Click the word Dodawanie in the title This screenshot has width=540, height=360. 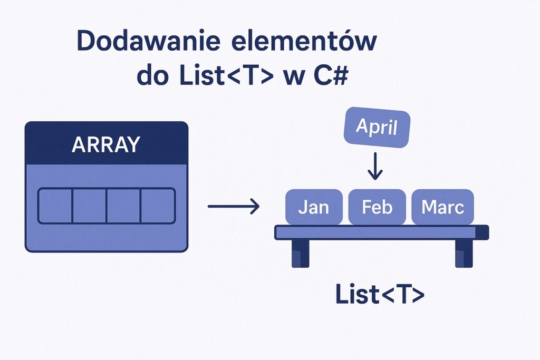pyautogui.click(x=148, y=41)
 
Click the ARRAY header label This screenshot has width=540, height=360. pyautogui.click(x=105, y=144)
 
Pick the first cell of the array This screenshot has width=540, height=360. pyautogui.click(x=55, y=206)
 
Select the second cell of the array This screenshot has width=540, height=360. pyautogui.click(x=90, y=206)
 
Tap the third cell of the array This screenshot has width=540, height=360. pyautogui.click(x=124, y=206)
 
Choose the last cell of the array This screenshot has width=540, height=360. pyautogui.click(x=158, y=206)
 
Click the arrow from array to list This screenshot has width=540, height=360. pyautogui.click(x=234, y=206)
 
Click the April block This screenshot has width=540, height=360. pyautogui.click(x=377, y=127)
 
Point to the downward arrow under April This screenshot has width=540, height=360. pyautogui.click(x=375, y=166)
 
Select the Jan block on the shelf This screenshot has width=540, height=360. pyautogui.click(x=314, y=207)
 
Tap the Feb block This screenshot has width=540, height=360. pyautogui.click(x=377, y=207)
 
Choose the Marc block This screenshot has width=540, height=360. pyautogui.click(x=442, y=207)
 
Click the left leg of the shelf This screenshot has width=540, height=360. pyautogui.click(x=300, y=254)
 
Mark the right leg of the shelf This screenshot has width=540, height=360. pyautogui.click(x=464, y=254)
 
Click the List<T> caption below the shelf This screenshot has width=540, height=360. pyautogui.click(x=380, y=294)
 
